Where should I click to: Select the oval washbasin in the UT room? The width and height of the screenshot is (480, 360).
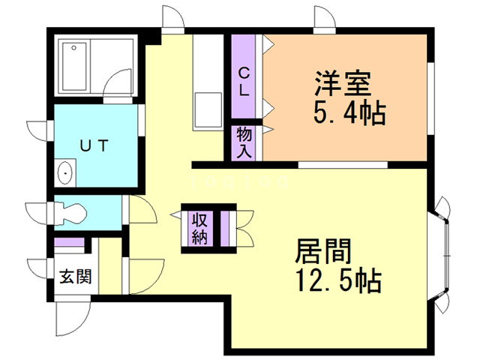[x=67, y=173]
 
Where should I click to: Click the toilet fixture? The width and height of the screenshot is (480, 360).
[x=70, y=211]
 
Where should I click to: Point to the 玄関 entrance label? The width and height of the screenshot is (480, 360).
[x=75, y=277]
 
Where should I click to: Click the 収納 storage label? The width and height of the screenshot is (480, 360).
[x=199, y=229]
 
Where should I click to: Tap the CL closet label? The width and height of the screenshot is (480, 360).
[x=244, y=82]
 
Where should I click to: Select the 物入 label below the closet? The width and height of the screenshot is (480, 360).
[x=244, y=142]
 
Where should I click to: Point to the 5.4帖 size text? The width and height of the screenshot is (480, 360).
[x=346, y=113]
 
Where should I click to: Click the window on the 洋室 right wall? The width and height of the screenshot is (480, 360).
[x=432, y=98]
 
